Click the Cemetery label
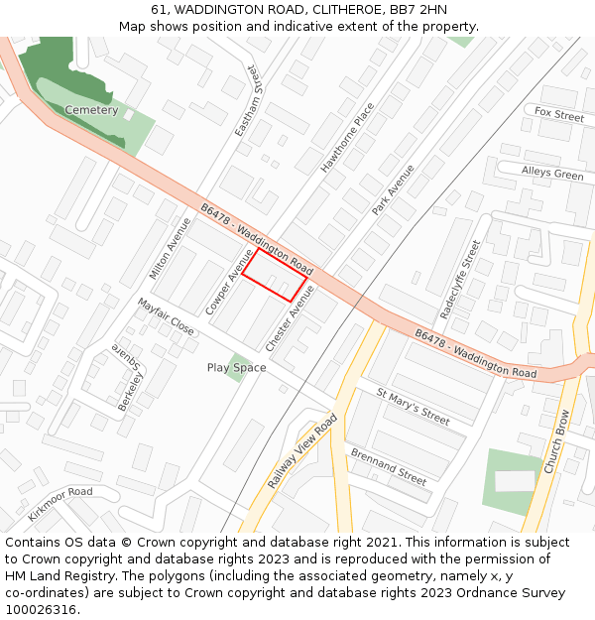click(x=91, y=110)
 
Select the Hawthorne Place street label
click(x=348, y=138)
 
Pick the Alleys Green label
click(x=552, y=174)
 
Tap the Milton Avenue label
click(x=170, y=248)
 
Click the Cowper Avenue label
click(x=230, y=283)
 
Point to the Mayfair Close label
click(x=166, y=316)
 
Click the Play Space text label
click(x=236, y=368)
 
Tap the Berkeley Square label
click(x=128, y=378)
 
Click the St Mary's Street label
click(x=413, y=408)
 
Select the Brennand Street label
click(x=388, y=466)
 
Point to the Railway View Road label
click(x=302, y=451)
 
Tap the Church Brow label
click(x=556, y=441)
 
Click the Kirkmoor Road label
click(x=60, y=503)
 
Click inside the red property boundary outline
click(x=275, y=275)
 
